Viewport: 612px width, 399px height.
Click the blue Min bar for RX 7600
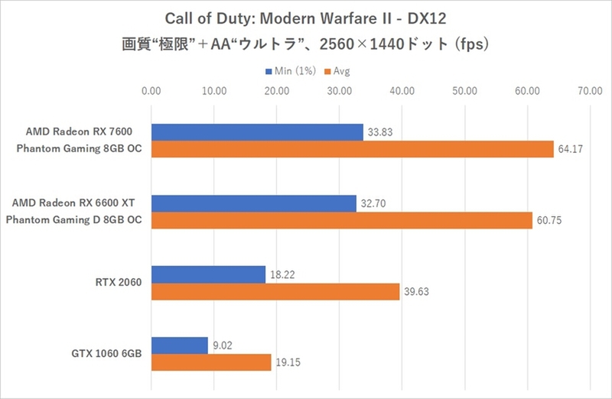[257, 132]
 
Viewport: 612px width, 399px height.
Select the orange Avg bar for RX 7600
[352, 149]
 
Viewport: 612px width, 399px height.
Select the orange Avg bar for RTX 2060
[275, 291]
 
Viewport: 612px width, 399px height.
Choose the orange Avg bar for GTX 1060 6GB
[211, 362]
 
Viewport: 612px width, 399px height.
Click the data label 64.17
[571, 149]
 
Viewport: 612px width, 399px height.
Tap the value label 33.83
[380, 132]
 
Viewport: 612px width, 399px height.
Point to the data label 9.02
[223, 345]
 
